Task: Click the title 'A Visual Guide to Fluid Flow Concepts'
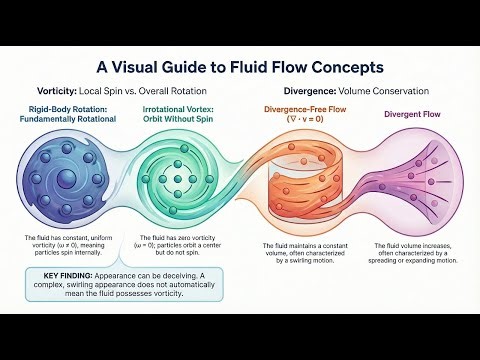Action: (x=240, y=68)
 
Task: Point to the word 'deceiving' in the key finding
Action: (x=187, y=273)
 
